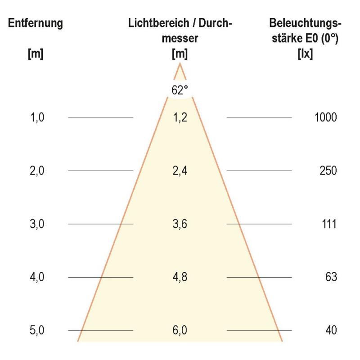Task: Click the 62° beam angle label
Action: pyautogui.click(x=180, y=90)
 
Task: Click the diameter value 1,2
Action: pyautogui.click(x=180, y=117)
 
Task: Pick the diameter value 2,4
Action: pyautogui.click(x=180, y=171)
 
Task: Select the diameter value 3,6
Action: pyautogui.click(x=180, y=224)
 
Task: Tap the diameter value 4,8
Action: pyautogui.click(x=180, y=277)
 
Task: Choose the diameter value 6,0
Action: pyautogui.click(x=180, y=330)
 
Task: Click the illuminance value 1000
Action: pyautogui.click(x=326, y=117)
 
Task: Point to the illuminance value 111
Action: pyautogui.click(x=329, y=224)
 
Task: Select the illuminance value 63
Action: pyautogui.click(x=331, y=277)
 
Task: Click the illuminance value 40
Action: pyautogui.click(x=331, y=330)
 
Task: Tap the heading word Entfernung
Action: pyautogui.click(x=36, y=23)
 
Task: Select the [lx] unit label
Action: pyautogui.click(x=305, y=54)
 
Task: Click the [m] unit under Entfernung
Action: pyautogui.click(x=36, y=54)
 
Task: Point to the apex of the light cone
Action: pyautogui.click(x=180, y=63)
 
